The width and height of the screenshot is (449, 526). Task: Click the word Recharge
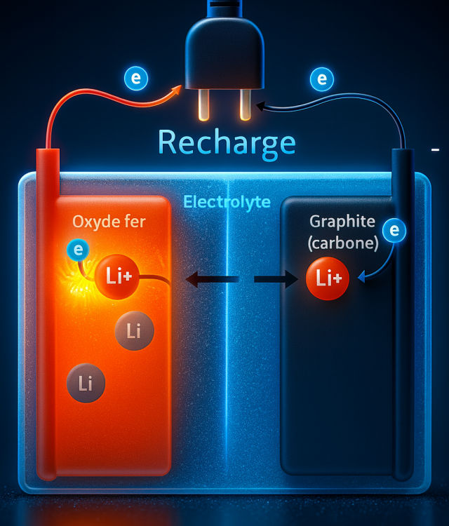(x=227, y=142)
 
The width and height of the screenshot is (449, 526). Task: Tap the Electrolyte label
(x=227, y=203)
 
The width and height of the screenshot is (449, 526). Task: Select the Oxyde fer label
(x=109, y=223)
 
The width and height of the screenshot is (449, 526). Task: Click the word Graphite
(x=342, y=223)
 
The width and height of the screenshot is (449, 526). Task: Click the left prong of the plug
(x=204, y=103)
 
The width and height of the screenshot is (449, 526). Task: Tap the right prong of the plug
(x=245, y=103)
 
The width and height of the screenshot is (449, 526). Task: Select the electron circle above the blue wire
(x=321, y=79)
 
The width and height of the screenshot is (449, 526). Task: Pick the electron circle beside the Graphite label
(x=395, y=230)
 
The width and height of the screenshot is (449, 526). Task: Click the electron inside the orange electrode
(x=76, y=249)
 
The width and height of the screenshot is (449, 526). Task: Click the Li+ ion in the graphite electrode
(x=328, y=278)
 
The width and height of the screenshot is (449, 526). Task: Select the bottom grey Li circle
(x=86, y=383)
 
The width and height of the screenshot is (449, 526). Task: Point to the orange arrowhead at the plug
(x=177, y=89)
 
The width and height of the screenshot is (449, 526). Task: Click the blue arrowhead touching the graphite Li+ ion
(x=361, y=278)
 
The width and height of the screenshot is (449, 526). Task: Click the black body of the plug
(x=224, y=49)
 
